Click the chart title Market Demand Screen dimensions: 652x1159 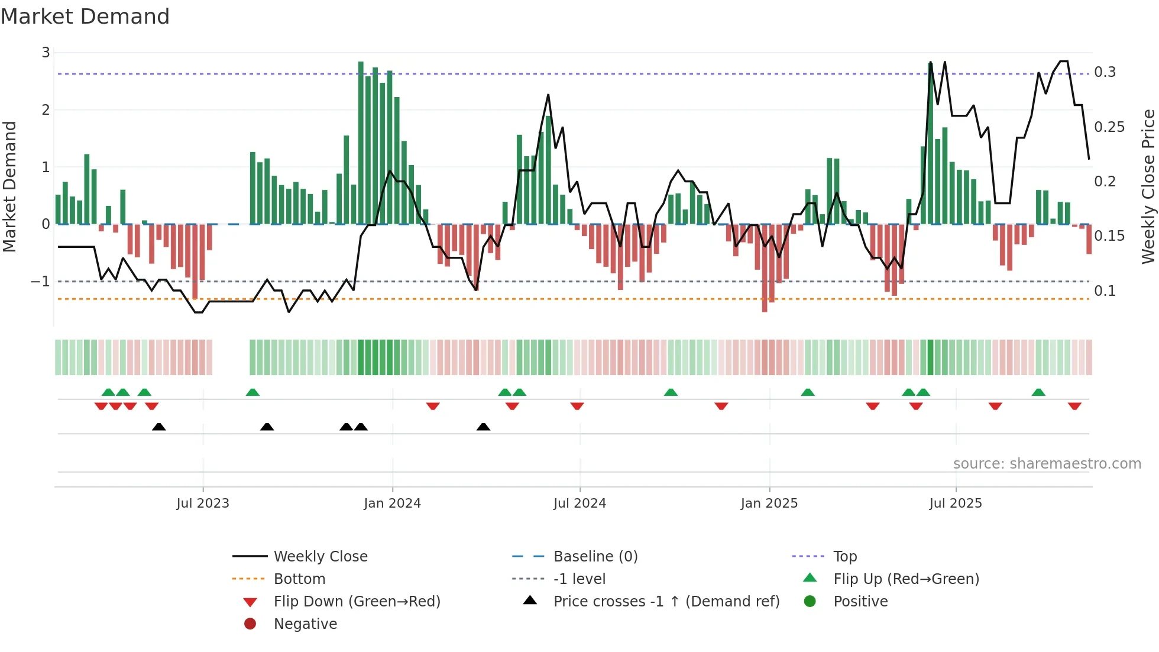point(85,17)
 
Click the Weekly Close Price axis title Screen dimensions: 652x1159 point(1148,186)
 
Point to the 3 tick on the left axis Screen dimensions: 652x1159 point(46,53)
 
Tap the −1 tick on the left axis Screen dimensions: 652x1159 point(41,282)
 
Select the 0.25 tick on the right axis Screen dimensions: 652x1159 point(1109,127)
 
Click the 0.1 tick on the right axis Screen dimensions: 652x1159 point(1105,291)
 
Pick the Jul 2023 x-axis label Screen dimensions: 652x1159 point(203,503)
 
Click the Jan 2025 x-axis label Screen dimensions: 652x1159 point(769,503)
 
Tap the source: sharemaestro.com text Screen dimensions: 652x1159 point(1047,464)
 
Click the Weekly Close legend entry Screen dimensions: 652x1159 point(320,557)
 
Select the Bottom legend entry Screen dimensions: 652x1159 point(299,579)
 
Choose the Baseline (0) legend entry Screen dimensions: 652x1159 point(595,557)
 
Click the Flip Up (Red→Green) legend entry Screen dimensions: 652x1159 point(906,579)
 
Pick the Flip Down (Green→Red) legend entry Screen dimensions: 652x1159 point(357,602)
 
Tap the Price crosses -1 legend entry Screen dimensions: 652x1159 point(666,602)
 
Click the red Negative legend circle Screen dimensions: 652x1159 point(250,624)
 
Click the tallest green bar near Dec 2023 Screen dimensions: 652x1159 point(361,142)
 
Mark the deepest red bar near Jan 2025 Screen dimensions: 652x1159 point(765,267)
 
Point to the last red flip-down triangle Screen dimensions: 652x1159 point(1074,406)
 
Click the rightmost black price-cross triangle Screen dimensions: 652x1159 point(483,427)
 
